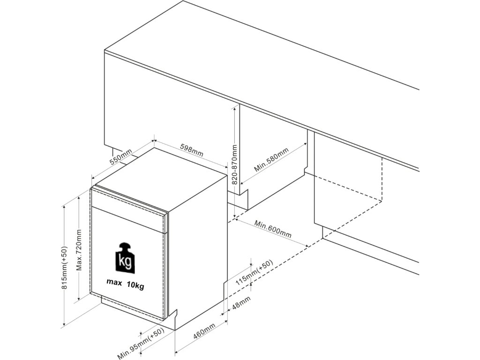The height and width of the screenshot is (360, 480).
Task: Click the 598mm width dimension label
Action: (x=192, y=149)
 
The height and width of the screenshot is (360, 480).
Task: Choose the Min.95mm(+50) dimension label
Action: (x=140, y=344)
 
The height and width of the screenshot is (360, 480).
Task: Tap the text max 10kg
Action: (x=125, y=285)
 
